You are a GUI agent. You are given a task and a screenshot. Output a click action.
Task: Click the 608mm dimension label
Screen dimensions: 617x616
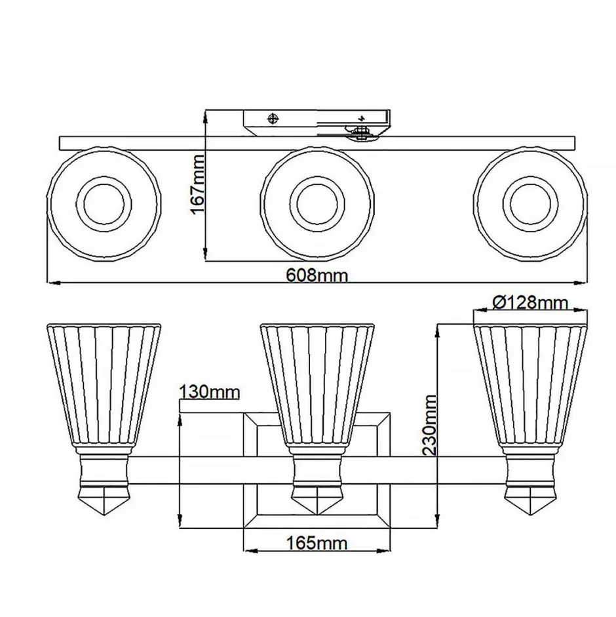(x=317, y=275)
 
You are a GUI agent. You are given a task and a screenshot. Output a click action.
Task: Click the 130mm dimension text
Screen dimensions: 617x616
(x=209, y=392)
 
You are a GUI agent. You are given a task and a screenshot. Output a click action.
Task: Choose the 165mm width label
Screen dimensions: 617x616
(x=317, y=543)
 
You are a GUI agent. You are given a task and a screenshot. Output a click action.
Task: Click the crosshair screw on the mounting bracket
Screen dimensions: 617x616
(x=274, y=118)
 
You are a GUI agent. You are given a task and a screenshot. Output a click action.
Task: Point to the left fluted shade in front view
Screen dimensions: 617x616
(x=104, y=384)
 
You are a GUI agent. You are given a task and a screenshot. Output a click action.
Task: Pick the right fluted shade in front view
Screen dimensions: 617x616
(x=529, y=384)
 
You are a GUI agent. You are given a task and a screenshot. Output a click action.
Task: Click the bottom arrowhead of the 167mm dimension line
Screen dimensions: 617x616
(x=206, y=257)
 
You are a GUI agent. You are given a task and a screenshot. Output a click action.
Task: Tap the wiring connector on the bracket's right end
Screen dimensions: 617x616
(x=360, y=133)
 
